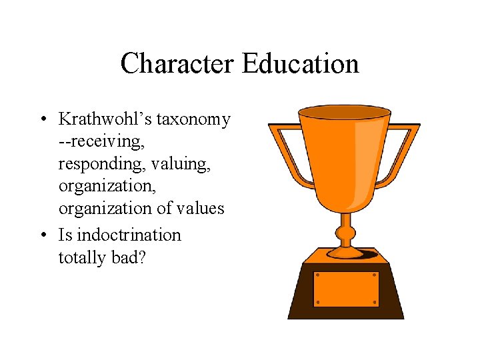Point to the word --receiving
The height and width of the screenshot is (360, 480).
click(102, 142)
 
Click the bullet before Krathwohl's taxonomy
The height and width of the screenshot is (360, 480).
click(42, 120)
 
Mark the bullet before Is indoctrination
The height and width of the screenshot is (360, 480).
click(42, 235)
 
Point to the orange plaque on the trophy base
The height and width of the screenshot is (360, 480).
click(345, 289)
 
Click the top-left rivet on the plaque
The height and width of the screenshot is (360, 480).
click(318, 275)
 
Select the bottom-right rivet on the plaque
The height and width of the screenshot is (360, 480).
click(374, 302)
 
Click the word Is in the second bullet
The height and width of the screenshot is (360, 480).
click(66, 235)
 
